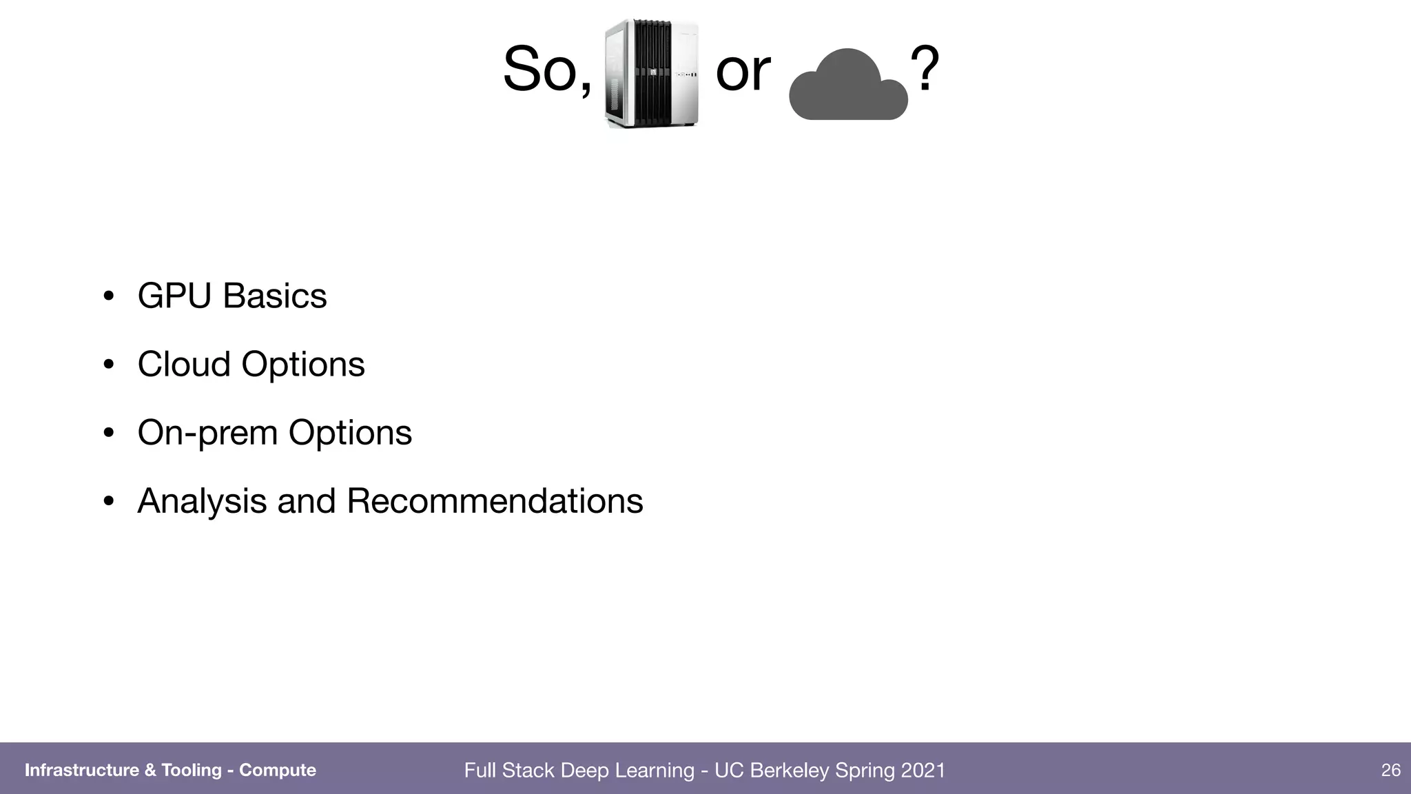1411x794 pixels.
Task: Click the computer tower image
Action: pos(652,74)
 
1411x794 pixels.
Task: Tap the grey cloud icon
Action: pos(848,87)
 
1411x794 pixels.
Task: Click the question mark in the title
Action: pos(925,70)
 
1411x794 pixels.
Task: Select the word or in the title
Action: pos(743,72)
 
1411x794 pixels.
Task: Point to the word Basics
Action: pos(274,296)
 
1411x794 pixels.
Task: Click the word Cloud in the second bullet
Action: pos(183,364)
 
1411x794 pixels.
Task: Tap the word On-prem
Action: pos(207,434)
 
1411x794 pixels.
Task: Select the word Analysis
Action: pos(202,501)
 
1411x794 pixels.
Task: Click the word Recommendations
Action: pos(494,501)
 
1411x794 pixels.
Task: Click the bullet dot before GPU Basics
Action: pos(108,297)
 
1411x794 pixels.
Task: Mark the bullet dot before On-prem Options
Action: pos(108,434)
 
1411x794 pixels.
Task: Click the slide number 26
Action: pos(1390,770)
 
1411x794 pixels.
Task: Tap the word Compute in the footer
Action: pos(277,770)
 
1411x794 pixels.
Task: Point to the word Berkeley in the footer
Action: pos(789,771)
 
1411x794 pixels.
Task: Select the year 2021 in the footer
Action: pos(923,770)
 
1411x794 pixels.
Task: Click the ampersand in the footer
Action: pos(150,770)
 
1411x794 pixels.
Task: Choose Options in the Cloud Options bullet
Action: pos(302,365)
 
